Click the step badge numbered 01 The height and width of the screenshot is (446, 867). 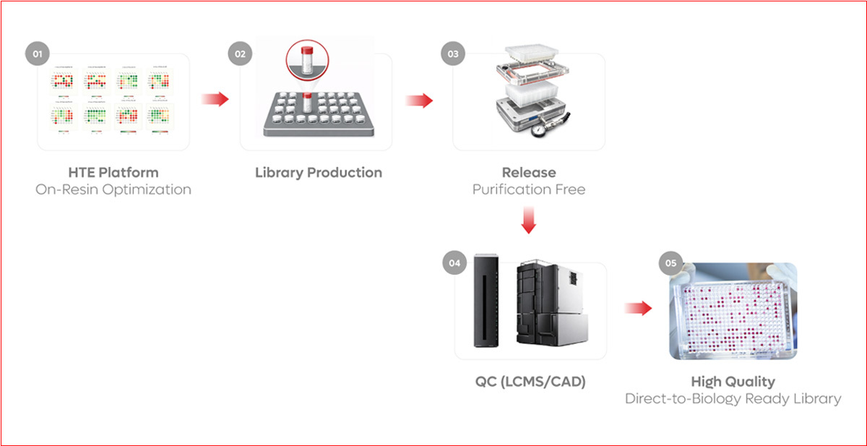tap(38, 54)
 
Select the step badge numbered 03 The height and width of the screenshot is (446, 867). tap(453, 54)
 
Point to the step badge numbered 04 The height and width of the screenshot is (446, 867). tap(454, 263)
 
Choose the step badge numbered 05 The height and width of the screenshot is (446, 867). tap(670, 263)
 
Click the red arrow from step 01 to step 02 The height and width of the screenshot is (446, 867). tap(215, 99)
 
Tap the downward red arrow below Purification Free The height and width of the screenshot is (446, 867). tap(529, 220)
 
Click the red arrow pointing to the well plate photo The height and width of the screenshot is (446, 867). tap(638, 309)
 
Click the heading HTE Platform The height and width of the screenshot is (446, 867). tap(113, 173)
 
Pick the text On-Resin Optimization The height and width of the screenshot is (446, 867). tap(113, 190)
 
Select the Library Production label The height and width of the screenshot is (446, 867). tap(319, 173)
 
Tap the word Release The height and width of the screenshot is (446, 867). tap(529, 173)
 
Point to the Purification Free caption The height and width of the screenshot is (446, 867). tap(529, 190)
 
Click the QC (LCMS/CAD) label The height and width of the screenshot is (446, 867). tap(530, 382)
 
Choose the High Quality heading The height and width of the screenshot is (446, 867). tap(733, 382)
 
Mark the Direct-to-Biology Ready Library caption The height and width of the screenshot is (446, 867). tap(733, 399)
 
